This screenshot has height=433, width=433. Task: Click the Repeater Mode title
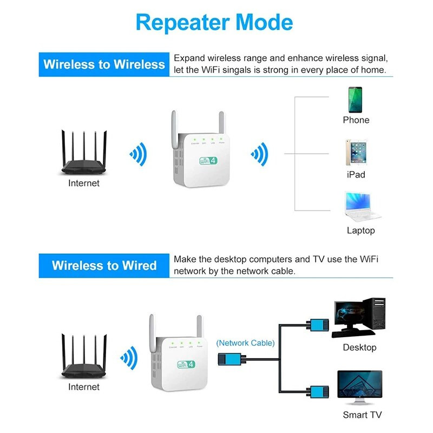point(214,22)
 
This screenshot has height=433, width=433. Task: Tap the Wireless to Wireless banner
point(104,64)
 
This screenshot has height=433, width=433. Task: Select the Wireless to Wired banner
point(104,266)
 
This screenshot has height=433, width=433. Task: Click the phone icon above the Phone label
point(356,100)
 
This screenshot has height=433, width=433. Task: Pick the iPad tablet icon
point(356,153)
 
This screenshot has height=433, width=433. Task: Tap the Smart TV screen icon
point(359,388)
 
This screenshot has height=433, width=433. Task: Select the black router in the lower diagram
point(84,357)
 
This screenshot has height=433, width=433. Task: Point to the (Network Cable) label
point(245,343)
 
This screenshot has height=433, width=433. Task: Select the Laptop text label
point(360,231)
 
